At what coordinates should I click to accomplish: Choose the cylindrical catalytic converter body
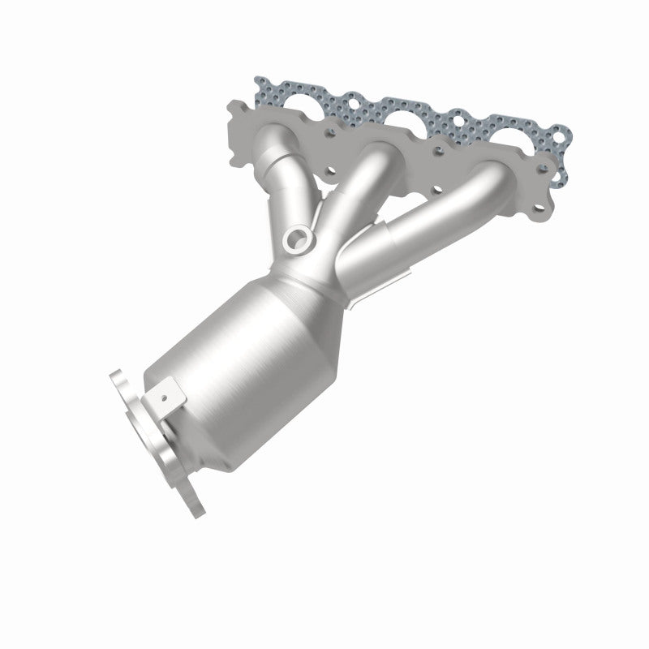click(x=235, y=373)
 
